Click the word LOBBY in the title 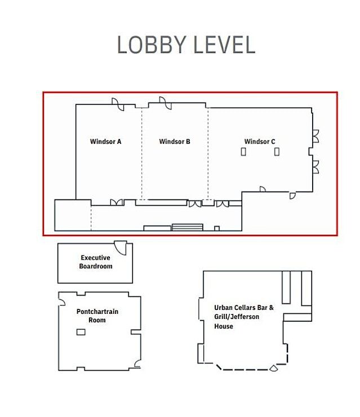pos(151,45)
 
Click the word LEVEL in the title pos(224,45)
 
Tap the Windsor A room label pos(105,141)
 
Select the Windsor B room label pos(175,141)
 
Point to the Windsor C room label pos(260,141)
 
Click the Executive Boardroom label pos(96,262)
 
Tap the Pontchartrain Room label pos(97,316)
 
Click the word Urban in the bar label pos(223,308)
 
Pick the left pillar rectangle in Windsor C pos(243,152)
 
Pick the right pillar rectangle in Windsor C pos(277,152)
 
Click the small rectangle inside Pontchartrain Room pos(81,332)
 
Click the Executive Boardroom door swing pos(121,248)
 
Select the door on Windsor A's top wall pos(118,104)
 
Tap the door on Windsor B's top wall pos(166,103)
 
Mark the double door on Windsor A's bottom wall pos(117,202)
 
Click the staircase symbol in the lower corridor pos(188,227)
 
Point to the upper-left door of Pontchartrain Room pos(61,302)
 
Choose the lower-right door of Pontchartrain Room pos(137,363)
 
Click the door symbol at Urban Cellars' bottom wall pos(274,369)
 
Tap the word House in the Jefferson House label pos(224,326)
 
